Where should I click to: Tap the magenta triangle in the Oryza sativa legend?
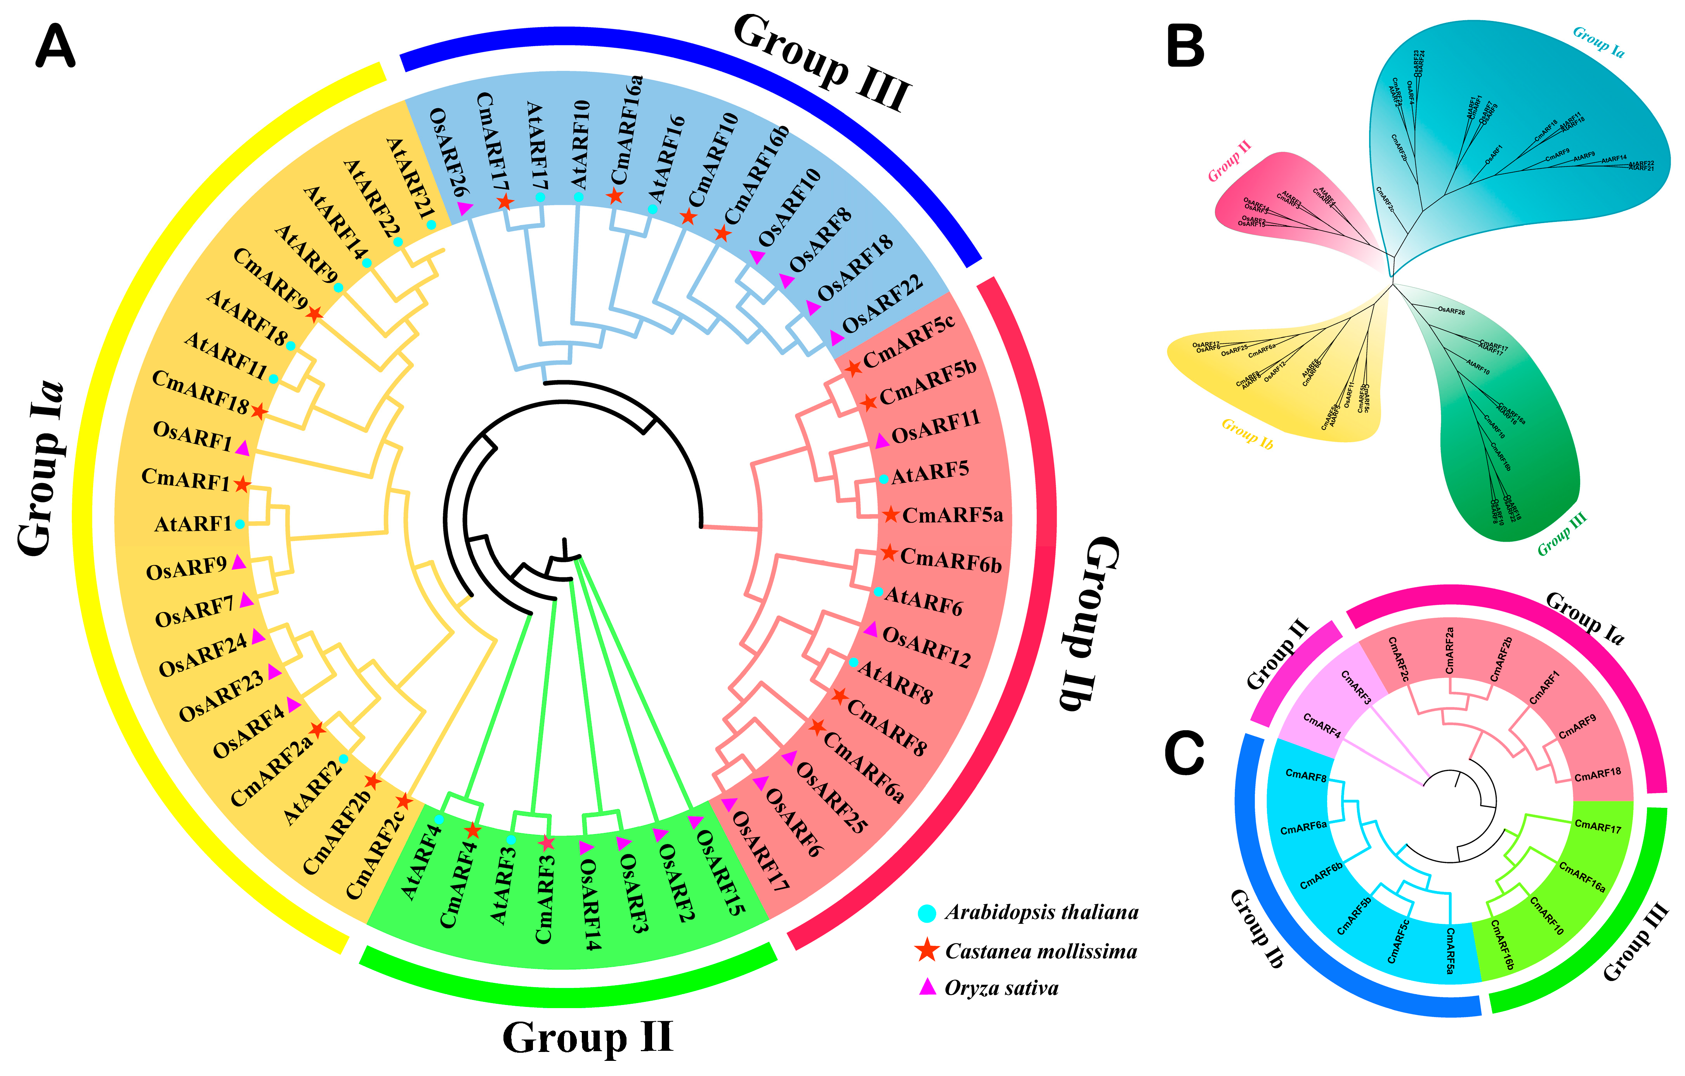[927, 987]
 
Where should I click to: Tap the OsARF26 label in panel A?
[448, 152]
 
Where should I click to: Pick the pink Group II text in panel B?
[1229, 161]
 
